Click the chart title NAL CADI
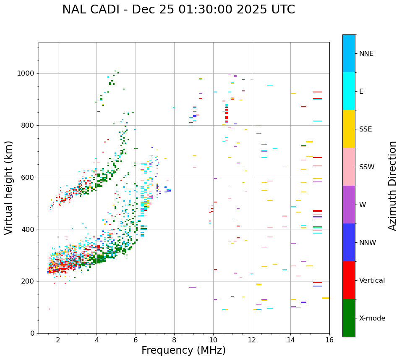178,10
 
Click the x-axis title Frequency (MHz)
183,350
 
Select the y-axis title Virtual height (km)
9,187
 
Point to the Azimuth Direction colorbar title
392,186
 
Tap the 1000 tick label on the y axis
26,73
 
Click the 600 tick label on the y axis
28,177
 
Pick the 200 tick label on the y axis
28,281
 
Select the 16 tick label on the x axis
329,340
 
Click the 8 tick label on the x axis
174,340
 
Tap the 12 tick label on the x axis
252,340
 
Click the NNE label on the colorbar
366,54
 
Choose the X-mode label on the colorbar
372,318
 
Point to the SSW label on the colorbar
367,167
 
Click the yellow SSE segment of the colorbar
349,129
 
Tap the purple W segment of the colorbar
349,205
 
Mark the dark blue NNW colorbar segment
349,242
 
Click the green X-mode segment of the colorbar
349,318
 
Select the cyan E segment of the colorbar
349,91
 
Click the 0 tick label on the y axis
32,333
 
